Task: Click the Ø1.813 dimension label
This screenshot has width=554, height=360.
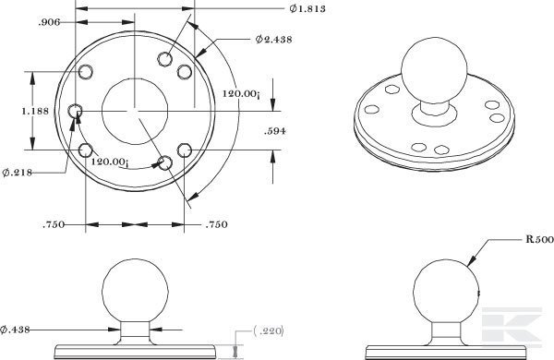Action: point(307,8)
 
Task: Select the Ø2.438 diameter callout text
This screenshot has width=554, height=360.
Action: point(274,39)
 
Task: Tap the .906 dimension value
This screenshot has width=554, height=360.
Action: point(49,22)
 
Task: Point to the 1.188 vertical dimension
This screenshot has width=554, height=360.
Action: point(35,112)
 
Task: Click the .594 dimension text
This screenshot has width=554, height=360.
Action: point(275,131)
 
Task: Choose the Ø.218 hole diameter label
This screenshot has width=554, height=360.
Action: point(17,173)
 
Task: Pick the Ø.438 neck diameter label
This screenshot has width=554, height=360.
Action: point(15,330)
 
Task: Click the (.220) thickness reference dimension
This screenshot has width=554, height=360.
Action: point(269,331)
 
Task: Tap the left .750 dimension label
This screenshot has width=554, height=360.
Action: point(54,224)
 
